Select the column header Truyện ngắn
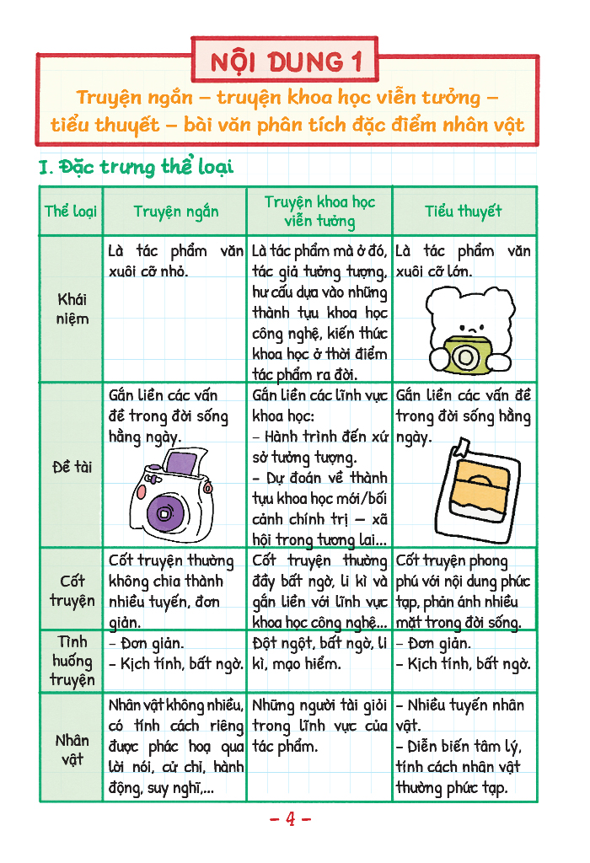175,212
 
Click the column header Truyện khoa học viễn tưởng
319,212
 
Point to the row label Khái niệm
72,308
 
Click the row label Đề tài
72,466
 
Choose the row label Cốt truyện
72,591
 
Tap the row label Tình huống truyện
72,662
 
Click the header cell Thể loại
71,212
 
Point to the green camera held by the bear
463,355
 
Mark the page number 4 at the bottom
290,818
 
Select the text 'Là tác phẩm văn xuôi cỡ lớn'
463,261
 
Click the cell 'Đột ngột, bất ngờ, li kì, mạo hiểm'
319,654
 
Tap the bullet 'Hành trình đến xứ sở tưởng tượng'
319,447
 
